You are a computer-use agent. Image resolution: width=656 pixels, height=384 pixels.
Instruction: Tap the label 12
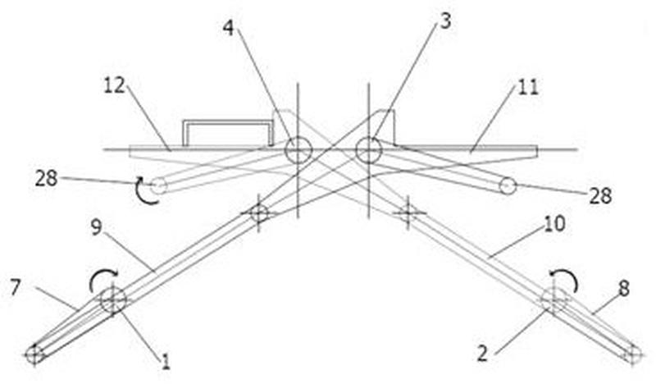(x=116, y=85)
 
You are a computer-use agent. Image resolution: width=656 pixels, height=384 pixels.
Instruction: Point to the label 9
(x=96, y=227)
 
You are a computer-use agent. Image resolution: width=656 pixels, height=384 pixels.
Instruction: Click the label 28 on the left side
(x=47, y=176)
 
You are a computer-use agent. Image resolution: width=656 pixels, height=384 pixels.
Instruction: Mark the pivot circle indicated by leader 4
(x=298, y=150)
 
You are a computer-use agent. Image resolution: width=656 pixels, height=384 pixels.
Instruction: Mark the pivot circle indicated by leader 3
(x=368, y=150)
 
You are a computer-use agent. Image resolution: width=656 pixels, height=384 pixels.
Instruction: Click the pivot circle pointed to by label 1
(x=113, y=300)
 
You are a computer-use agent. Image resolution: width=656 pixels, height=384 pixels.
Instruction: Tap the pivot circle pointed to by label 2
(x=554, y=299)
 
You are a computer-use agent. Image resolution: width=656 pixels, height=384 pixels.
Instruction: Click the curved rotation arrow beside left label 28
(x=144, y=191)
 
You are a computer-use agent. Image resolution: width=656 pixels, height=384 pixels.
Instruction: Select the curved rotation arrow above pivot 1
(x=104, y=281)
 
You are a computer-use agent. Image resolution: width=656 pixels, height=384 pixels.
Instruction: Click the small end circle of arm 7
(x=34, y=354)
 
